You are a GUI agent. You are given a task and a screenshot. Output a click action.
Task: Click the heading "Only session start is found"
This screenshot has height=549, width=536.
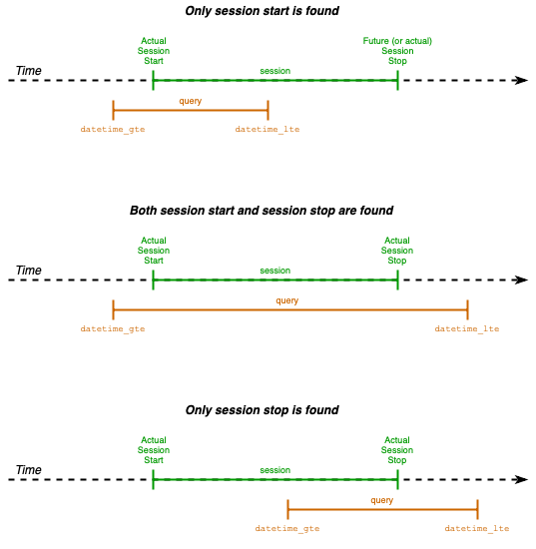coord(262,11)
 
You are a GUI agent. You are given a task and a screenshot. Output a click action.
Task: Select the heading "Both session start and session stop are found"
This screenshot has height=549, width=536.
coord(262,211)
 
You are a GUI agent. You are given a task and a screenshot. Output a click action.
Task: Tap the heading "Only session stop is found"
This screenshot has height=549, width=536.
coord(262,410)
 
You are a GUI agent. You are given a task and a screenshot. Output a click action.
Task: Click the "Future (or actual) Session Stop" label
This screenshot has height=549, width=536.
coord(397,51)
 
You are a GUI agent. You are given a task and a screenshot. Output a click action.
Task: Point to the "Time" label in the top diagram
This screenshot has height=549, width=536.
coord(28,71)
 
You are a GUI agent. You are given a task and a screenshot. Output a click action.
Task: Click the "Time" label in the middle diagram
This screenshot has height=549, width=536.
coord(28,271)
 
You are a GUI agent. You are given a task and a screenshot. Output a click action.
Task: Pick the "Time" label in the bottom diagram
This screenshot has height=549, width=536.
coord(28,470)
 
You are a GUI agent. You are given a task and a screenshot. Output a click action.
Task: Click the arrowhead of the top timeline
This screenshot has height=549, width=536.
coord(521,80)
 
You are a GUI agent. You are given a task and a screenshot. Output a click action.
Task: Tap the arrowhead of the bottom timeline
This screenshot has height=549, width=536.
coord(521,479)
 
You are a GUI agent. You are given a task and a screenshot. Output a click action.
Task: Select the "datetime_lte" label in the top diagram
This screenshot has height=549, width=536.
coord(268,130)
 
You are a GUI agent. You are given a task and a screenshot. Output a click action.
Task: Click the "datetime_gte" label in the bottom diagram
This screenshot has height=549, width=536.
coord(287,528)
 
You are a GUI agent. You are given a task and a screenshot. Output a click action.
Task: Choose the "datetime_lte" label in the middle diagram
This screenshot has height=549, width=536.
coord(467,328)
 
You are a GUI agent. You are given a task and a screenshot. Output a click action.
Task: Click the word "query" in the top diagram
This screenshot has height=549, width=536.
coord(190,101)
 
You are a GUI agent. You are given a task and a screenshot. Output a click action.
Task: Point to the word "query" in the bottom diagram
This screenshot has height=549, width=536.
coord(381,500)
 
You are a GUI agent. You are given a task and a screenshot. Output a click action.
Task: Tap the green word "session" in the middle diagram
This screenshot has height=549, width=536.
coord(274,271)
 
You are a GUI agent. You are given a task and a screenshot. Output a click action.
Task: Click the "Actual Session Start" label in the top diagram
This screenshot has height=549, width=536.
coord(153,51)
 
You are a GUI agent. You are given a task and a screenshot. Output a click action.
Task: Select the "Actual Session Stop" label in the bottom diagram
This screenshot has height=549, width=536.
coord(397,450)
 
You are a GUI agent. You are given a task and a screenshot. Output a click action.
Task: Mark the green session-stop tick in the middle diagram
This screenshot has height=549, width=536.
coord(397,279)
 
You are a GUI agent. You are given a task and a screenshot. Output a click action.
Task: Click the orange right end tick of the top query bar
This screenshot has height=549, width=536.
coord(268,110)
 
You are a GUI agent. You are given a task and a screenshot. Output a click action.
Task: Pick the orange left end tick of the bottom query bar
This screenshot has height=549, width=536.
coord(287,509)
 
